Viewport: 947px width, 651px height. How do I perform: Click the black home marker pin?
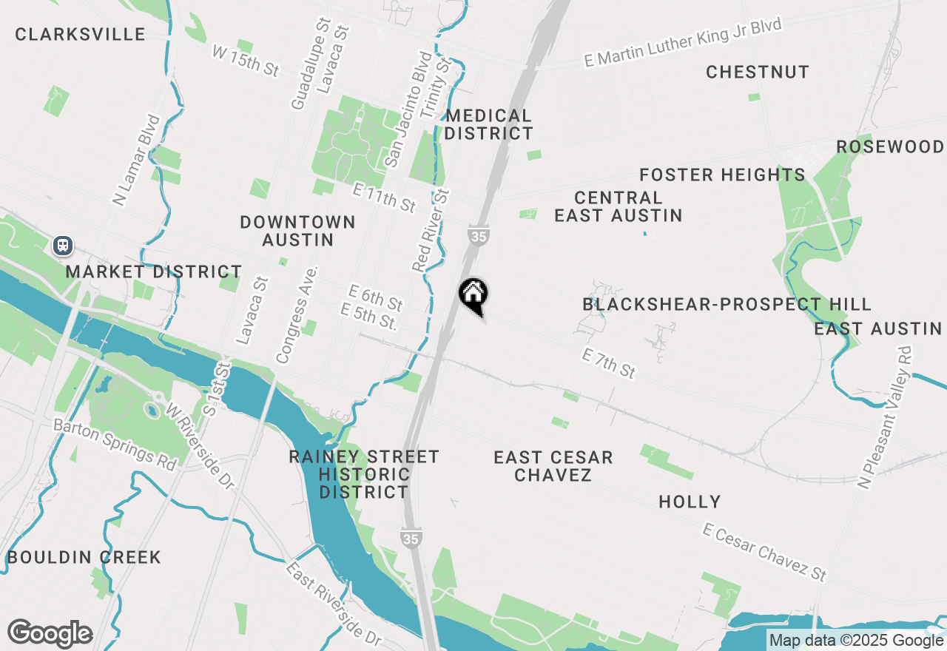click(473, 294)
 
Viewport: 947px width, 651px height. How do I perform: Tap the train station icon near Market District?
click(62, 245)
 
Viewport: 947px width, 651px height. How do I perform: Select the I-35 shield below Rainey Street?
click(412, 539)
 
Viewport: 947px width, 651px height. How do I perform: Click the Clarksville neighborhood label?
click(80, 34)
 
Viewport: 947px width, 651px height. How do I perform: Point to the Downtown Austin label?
click(297, 231)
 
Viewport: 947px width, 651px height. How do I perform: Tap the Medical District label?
click(488, 124)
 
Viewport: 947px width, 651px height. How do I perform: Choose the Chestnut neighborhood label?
click(758, 72)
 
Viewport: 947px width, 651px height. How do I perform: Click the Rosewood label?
click(890, 146)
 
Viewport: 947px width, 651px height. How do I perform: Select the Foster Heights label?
click(722, 175)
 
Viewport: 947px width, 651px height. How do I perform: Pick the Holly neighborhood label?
click(690, 502)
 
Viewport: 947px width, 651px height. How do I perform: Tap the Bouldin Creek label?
click(84, 557)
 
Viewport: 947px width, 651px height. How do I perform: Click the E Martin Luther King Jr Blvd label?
click(682, 44)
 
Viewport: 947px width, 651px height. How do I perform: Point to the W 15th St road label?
click(245, 61)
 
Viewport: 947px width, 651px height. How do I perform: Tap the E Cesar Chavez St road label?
click(764, 552)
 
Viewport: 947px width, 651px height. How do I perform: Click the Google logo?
click(50, 633)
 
